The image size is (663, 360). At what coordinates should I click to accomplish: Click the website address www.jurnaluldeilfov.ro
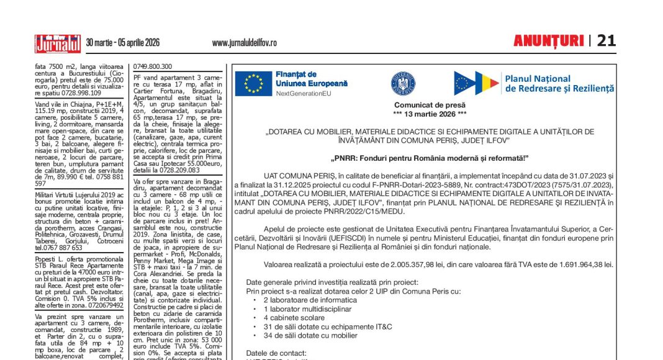coord(244,43)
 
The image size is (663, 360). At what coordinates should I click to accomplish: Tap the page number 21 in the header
coord(606,41)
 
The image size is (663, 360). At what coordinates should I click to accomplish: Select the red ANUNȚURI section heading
coord(548,41)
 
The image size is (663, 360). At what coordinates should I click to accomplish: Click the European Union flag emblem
coord(253,84)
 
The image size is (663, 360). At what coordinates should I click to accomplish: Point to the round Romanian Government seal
coord(403,83)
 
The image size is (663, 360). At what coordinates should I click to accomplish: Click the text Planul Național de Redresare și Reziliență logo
coord(559,84)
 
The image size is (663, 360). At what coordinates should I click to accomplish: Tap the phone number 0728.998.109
coord(76,92)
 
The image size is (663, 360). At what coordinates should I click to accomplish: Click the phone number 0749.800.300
coord(153,66)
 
